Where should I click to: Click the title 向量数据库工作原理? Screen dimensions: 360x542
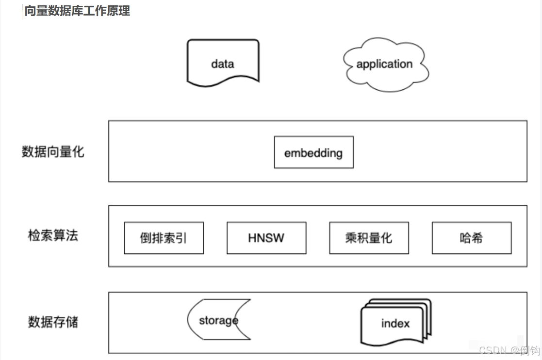tap(77, 11)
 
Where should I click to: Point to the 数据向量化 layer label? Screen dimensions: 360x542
tap(53, 152)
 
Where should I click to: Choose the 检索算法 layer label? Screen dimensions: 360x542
tap(53, 236)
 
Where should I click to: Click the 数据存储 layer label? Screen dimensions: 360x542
tap(53, 322)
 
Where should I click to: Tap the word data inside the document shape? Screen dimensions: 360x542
tap(223, 64)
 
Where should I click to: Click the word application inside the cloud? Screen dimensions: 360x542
tap(384, 64)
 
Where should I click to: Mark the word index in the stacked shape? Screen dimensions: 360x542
tap(395, 324)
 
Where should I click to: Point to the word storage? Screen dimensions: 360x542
tap(218, 321)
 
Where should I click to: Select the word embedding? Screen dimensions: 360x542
tap(313, 153)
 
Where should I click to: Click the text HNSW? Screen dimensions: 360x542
tap(266, 238)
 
